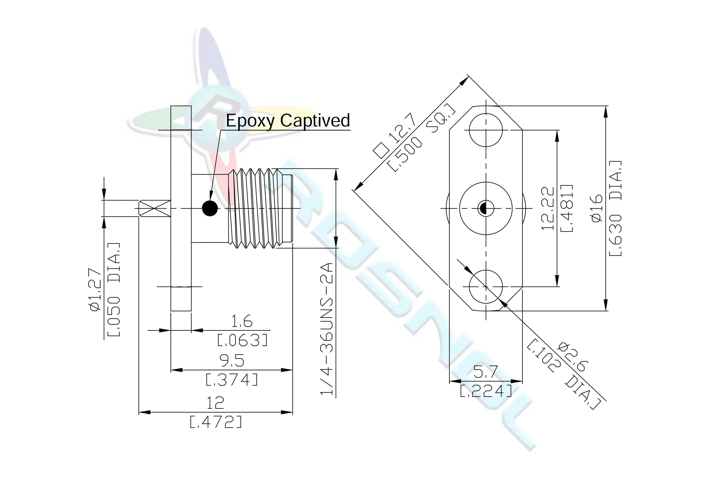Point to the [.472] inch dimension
[216, 422]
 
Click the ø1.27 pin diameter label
[95, 290]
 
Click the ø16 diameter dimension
[597, 208]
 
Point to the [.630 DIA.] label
[615, 208]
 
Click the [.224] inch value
[486, 391]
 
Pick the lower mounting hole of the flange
[486, 287]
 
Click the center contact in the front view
[486, 208]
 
